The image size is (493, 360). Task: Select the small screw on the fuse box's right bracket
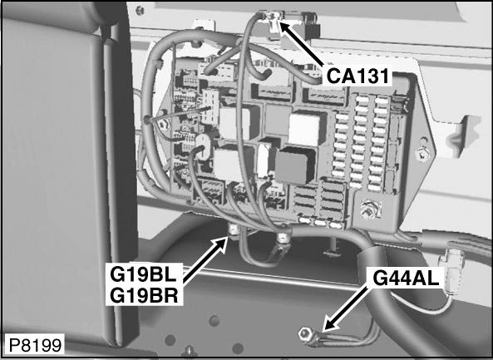coord(422,151)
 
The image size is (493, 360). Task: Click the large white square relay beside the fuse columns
coord(305,128)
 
